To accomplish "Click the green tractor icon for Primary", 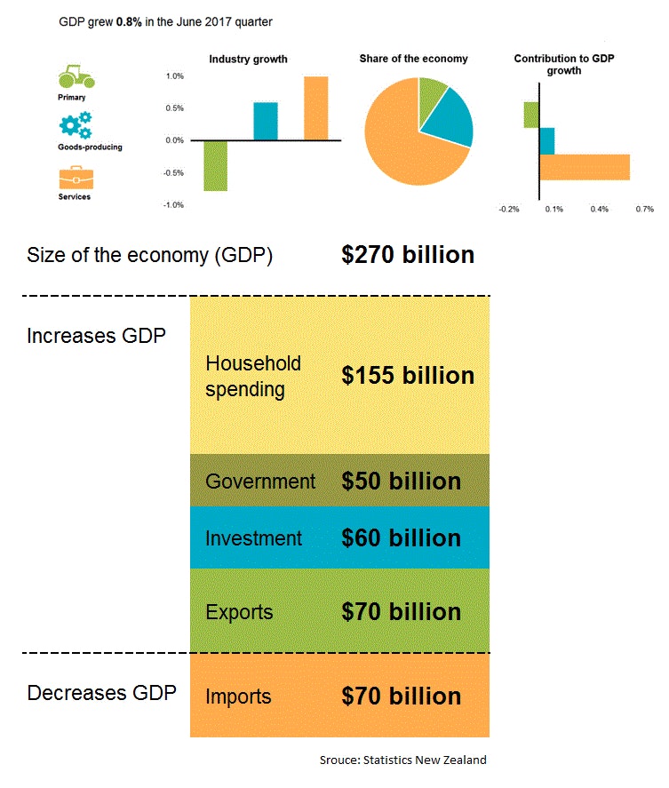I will tap(76, 77).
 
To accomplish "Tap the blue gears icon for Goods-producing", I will tap(75, 124).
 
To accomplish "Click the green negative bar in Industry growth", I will tap(215, 165).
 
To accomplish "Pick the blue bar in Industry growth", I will tap(266, 122).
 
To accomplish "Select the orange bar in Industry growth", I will tap(315, 108).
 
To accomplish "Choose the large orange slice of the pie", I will tap(404, 142).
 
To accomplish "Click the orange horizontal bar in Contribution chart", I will tap(584, 167).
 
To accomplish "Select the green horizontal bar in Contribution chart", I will tap(531, 115).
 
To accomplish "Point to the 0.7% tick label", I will tap(645, 210).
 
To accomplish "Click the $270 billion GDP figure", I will tap(407, 256).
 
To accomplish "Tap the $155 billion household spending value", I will tap(407, 376).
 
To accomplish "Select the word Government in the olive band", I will tap(259, 482).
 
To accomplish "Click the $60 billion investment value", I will tap(401, 538).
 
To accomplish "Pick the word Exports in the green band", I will tap(238, 612).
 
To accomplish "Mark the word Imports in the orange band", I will tap(237, 696).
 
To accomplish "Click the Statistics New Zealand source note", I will tap(402, 760).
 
